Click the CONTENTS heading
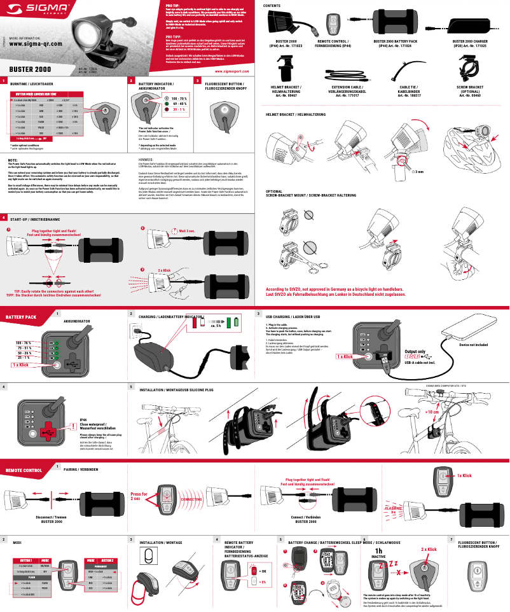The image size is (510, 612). tap(273, 5)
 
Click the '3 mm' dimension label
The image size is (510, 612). tap(419, 171)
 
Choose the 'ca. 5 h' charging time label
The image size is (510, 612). tap(216, 325)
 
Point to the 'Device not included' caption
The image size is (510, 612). tap(473, 344)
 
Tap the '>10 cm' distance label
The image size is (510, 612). tap(431, 412)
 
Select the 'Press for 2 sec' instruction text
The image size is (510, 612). tap(139, 496)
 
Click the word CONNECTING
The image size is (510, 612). tap(191, 499)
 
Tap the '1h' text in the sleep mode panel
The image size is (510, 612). tap(378, 550)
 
